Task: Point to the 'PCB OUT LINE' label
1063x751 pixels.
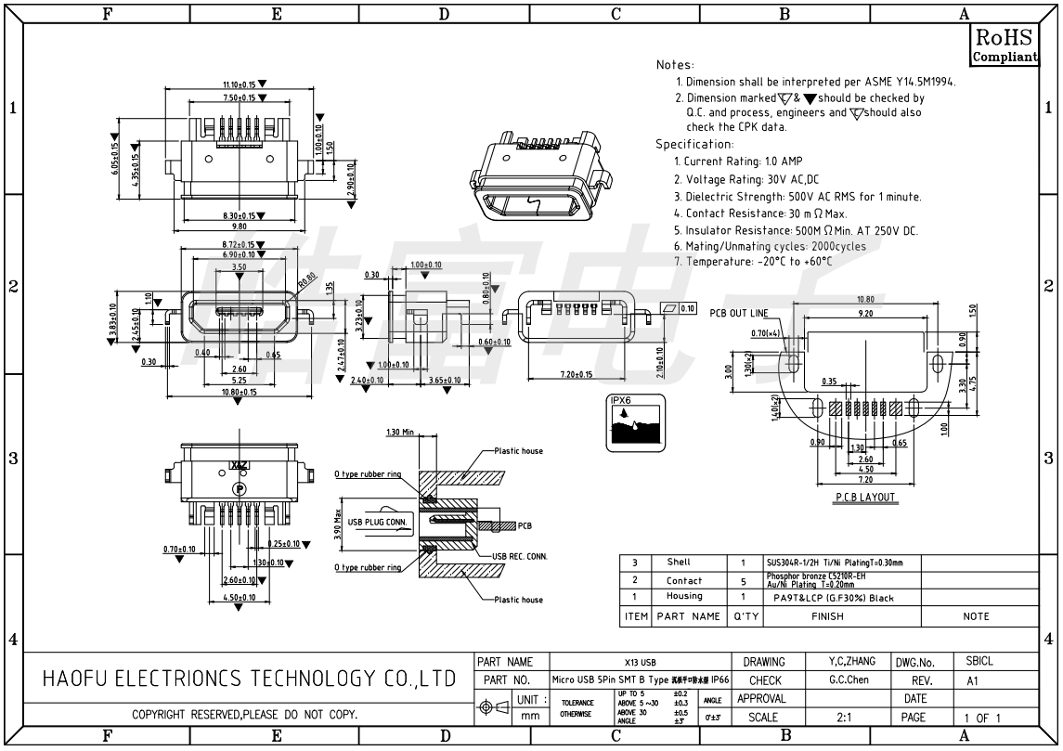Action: pos(739,313)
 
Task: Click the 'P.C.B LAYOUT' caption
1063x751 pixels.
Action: pos(865,498)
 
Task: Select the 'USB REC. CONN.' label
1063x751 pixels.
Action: pos(519,556)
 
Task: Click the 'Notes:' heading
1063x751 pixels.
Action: pos(675,65)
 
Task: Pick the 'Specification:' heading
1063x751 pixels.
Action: pos(694,144)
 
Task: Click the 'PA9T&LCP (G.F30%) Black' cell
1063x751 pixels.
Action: pos(834,598)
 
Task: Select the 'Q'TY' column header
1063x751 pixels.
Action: pos(745,615)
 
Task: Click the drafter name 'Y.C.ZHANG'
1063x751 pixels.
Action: pos(851,661)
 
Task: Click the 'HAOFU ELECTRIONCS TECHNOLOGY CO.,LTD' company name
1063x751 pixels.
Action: pos(250,680)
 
